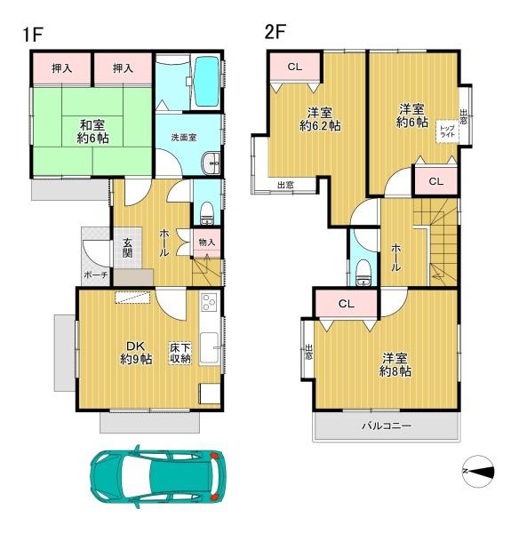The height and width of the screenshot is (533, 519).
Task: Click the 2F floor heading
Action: point(275,33)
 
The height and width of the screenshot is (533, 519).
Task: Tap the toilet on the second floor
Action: point(362,274)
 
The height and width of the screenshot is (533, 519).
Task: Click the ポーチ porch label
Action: point(95,275)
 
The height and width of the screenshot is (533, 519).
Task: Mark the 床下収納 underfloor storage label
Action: point(180,353)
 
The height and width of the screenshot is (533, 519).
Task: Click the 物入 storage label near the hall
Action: point(206,242)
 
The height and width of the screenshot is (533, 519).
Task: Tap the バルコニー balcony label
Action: point(386,426)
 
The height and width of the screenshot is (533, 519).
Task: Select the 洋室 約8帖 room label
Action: point(395,364)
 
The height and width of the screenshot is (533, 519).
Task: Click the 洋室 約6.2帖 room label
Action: point(319,119)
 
